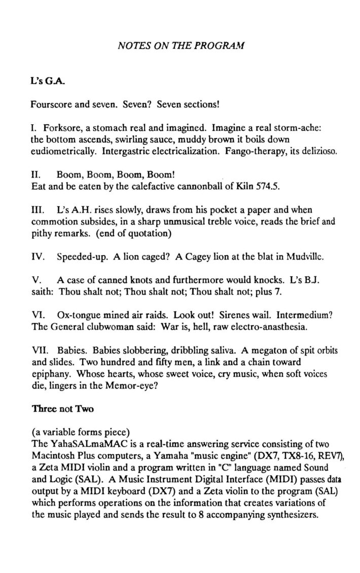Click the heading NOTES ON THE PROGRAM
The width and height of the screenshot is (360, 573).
coord(181,45)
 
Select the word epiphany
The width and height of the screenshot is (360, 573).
coord(51,375)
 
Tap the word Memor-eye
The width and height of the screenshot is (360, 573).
coord(140,386)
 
